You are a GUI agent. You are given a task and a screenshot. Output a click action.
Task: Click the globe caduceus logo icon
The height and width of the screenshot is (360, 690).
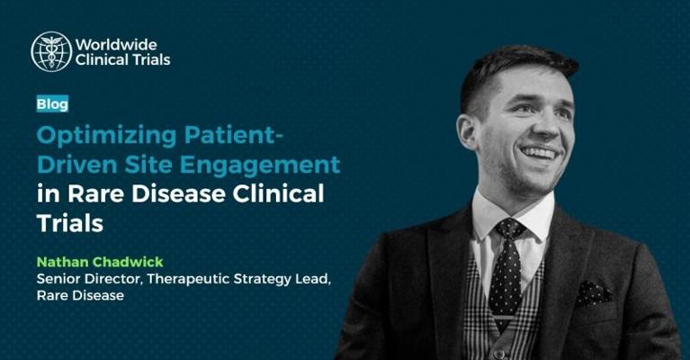click(x=51, y=51)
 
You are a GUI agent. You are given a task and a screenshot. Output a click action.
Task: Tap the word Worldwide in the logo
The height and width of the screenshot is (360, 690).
click(x=116, y=44)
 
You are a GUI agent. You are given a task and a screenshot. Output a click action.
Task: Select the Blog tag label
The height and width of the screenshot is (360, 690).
click(x=52, y=103)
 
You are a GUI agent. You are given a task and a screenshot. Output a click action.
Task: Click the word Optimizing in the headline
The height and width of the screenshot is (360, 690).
click(x=107, y=136)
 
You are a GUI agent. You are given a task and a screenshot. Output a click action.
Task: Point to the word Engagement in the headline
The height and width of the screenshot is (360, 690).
click(x=260, y=166)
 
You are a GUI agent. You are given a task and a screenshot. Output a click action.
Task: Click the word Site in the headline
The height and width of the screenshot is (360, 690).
click(x=148, y=165)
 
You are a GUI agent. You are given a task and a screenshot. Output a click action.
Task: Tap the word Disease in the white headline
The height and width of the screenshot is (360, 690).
click(x=179, y=193)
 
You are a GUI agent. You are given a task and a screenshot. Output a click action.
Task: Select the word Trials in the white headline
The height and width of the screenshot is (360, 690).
click(x=70, y=222)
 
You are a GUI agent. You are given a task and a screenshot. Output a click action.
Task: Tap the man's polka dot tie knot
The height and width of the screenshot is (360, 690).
click(x=509, y=229)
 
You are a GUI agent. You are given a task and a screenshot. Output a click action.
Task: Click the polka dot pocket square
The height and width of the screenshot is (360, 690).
click(x=594, y=293)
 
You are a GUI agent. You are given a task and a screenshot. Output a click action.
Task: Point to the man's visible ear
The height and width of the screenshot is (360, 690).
click(x=468, y=131)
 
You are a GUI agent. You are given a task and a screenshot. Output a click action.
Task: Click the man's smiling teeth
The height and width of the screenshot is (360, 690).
click(x=540, y=153)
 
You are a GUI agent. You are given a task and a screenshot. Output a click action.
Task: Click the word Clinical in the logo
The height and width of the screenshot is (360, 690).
click(x=102, y=59)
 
